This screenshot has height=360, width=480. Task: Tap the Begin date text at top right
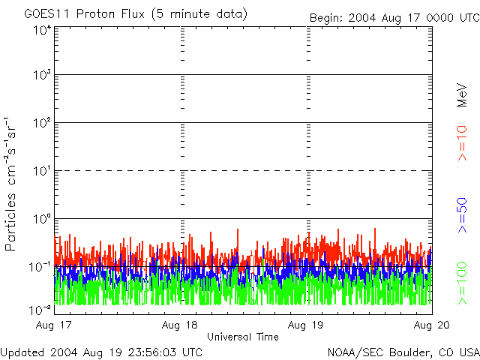(x=394, y=18)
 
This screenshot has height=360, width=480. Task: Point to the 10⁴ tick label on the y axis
(x=43, y=30)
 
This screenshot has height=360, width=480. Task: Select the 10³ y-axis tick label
(x=43, y=75)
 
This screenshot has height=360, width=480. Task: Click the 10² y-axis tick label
(x=43, y=123)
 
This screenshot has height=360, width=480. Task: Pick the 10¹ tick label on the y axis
(x=43, y=171)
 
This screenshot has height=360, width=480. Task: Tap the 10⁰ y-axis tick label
(x=43, y=218)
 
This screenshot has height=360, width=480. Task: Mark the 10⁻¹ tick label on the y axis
(x=40, y=267)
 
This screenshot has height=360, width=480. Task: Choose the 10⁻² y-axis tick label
(x=40, y=310)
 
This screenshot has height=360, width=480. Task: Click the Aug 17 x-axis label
(x=53, y=325)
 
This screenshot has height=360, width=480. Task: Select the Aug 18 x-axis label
(x=180, y=325)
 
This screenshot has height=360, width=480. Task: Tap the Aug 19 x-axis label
(x=305, y=325)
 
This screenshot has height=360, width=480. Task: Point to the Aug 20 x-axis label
(x=432, y=325)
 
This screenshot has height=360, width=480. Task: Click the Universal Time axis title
(x=243, y=337)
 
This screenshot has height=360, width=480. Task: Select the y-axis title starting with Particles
(x=10, y=184)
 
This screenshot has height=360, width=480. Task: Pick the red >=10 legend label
(x=462, y=143)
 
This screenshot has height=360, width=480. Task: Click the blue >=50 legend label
(x=462, y=215)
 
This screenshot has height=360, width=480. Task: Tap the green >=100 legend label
(x=462, y=283)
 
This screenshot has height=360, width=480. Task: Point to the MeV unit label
(x=462, y=95)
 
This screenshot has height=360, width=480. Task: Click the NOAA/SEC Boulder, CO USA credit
(x=403, y=352)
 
